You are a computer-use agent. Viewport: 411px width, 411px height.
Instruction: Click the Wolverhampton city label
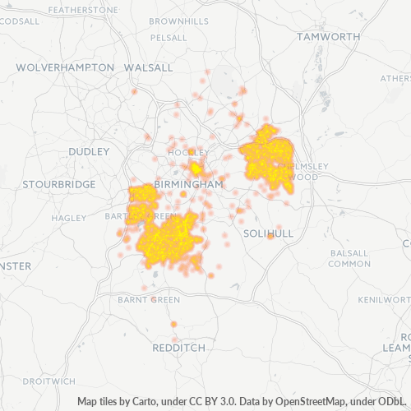(x=65, y=67)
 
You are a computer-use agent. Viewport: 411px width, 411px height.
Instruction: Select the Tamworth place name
(x=329, y=37)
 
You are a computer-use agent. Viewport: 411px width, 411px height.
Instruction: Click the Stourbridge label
(x=59, y=184)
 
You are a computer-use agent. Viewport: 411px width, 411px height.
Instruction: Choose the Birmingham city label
(x=188, y=185)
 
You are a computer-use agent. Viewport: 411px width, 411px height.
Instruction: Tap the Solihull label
(x=269, y=233)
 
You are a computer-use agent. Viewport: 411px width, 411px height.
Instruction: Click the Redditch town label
(x=179, y=348)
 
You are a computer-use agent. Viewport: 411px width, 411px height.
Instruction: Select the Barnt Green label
(x=149, y=300)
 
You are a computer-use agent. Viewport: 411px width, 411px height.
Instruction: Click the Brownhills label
(x=179, y=20)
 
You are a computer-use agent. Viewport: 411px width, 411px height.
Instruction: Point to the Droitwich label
(x=48, y=381)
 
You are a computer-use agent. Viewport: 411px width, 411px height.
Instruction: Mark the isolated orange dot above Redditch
(x=173, y=325)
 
